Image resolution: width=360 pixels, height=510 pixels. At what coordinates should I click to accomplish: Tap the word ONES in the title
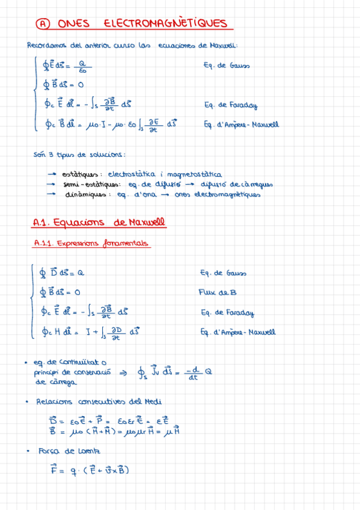[73, 24]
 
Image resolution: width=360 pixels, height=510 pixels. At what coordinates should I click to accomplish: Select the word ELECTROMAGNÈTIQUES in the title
[166, 24]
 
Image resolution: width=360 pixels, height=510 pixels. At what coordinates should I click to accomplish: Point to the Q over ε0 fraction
[82, 66]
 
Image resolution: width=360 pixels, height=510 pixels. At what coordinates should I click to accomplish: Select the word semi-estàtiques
[91, 184]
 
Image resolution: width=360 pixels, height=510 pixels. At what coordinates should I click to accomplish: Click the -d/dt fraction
[192, 374]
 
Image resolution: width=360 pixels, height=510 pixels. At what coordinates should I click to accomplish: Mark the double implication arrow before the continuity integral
[124, 373]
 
